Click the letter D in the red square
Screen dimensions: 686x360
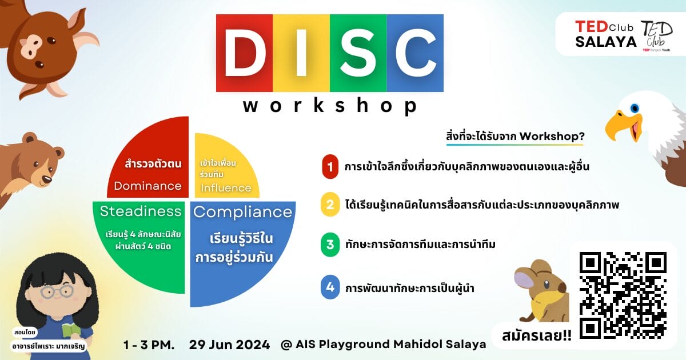point(245,53)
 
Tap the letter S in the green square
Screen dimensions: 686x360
point(358,53)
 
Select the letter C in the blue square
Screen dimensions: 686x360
point(416,53)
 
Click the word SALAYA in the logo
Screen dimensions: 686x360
point(606,42)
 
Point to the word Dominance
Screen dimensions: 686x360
point(147,186)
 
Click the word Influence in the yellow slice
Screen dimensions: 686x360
point(226,187)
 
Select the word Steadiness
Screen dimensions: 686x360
point(141,211)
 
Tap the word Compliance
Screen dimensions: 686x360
point(242,212)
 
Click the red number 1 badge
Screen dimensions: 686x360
point(330,167)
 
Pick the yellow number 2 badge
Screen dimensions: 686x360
point(330,205)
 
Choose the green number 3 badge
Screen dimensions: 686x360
point(330,245)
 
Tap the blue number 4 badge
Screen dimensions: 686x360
point(330,287)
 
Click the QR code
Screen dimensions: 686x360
point(623,295)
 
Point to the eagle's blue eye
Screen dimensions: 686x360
point(635,108)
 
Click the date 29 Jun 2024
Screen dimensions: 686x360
point(229,345)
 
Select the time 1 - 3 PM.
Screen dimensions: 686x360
point(149,345)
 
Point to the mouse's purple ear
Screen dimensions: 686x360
point(525,279)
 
